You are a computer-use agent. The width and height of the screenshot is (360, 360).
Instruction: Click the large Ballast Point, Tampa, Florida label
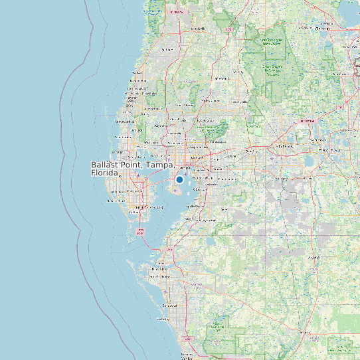click(x=132, y=168)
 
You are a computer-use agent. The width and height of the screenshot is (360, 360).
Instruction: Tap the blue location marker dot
click(x=179, y=179)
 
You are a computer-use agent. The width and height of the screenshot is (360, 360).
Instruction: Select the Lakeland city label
click(x=286, y=146)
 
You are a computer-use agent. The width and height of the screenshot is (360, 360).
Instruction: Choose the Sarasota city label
click(x=168, y=306)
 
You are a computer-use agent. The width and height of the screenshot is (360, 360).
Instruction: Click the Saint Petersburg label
click(x=139, y=207)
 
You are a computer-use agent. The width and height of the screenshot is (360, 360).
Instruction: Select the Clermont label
click(x=323, y=29)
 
